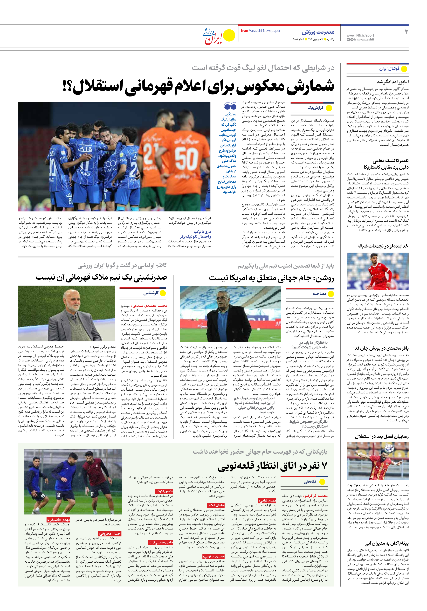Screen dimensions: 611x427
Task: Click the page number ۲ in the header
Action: coord(406,32)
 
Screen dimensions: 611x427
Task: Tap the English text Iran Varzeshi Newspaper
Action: coord(260,31)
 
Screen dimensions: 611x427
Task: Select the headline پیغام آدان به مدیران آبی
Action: coord(387,543)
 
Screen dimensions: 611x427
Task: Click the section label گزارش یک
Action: coord(315,108)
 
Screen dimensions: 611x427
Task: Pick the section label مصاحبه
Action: coord(319,294)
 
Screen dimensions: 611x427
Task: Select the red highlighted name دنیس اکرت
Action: coord(164,491)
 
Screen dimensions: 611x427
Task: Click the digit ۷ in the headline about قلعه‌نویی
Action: coord(324,465)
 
